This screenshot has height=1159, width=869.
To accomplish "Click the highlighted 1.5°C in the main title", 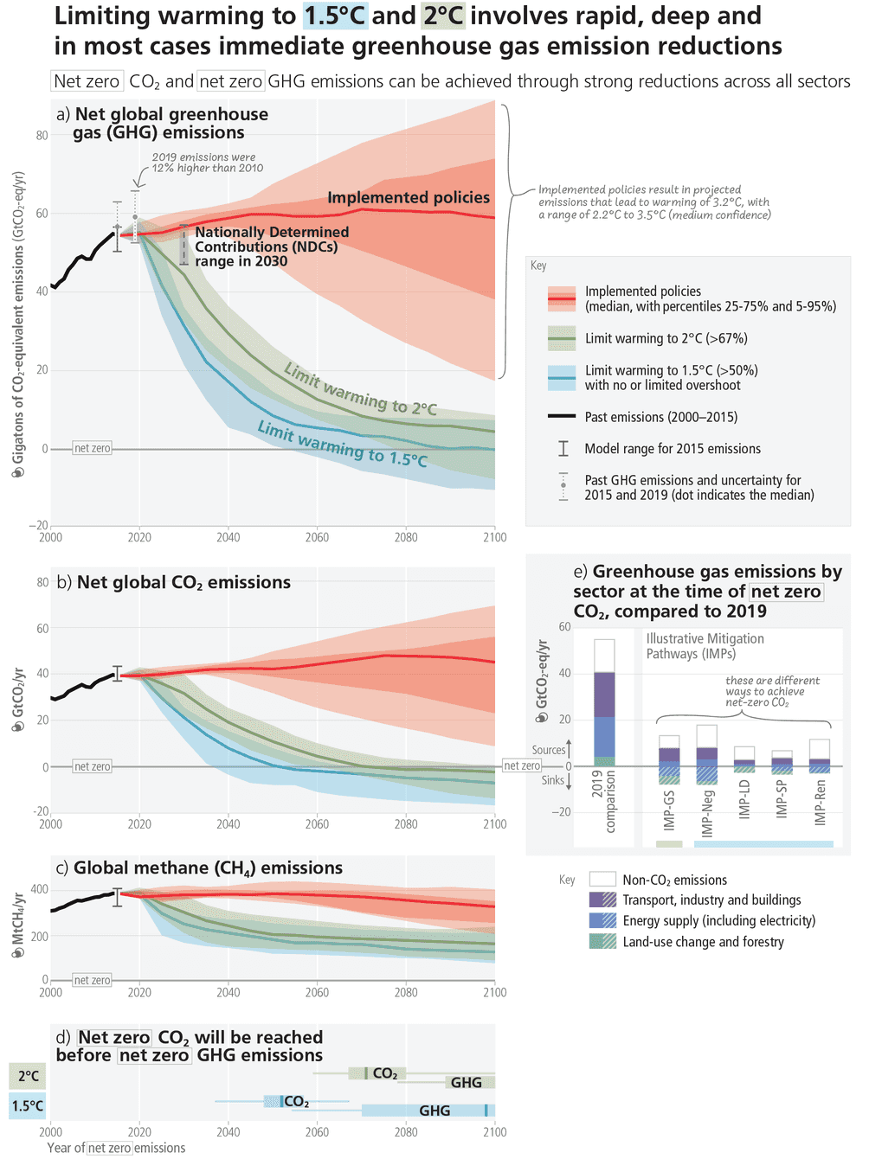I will click(334, 16).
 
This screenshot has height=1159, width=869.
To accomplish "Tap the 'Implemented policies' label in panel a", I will click(409, 198).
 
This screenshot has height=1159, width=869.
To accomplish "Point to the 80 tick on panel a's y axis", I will click(42, 135).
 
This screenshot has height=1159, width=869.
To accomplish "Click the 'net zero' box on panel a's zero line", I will click(93, 448).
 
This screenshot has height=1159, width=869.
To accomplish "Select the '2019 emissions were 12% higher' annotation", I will click(207, 163).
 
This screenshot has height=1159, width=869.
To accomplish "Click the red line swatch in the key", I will click(562, 299).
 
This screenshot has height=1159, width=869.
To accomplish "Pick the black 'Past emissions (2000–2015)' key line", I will click(562, 417).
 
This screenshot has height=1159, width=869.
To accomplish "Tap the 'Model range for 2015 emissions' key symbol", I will click(563, 448).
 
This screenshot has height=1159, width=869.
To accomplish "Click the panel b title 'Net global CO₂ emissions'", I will click(183, 582).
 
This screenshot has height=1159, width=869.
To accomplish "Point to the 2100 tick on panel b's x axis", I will click(494, 824).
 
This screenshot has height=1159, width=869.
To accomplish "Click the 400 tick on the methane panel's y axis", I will click(40, 889).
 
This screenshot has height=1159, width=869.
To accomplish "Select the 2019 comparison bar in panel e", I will click(604, 702).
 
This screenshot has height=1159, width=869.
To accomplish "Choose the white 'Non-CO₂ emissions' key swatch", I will click(602, 880).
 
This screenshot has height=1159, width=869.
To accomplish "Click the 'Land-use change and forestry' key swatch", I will click(602, 942).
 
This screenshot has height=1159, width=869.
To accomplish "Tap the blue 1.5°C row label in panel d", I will click(27, 1106).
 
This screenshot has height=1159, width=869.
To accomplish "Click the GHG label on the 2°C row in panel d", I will click(466, 1083).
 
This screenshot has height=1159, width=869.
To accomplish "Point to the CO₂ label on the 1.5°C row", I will click(296, 1102).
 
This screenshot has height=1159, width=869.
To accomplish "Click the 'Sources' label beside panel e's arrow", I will click(548, 750).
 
